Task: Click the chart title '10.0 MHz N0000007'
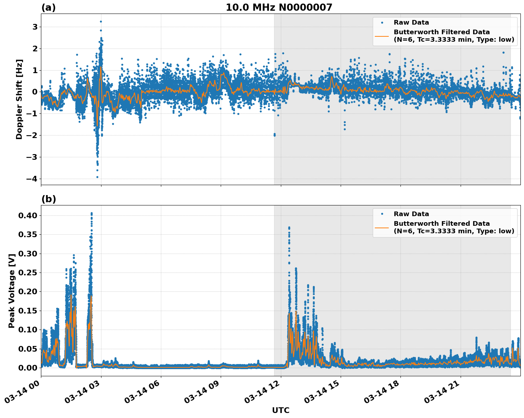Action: point(279,7)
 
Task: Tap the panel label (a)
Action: point(48,7)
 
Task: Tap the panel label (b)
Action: point(48,199)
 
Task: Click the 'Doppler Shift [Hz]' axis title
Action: point(19,99)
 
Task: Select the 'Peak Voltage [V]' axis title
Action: point(12,291)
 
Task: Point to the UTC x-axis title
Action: point(281,410)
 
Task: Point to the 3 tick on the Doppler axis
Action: point(35,27)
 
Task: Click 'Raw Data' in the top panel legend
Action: point(411,22)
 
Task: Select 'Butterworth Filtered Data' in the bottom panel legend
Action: point(441,224)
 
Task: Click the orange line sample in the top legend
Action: point(382,36)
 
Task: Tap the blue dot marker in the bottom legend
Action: point(382,214)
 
